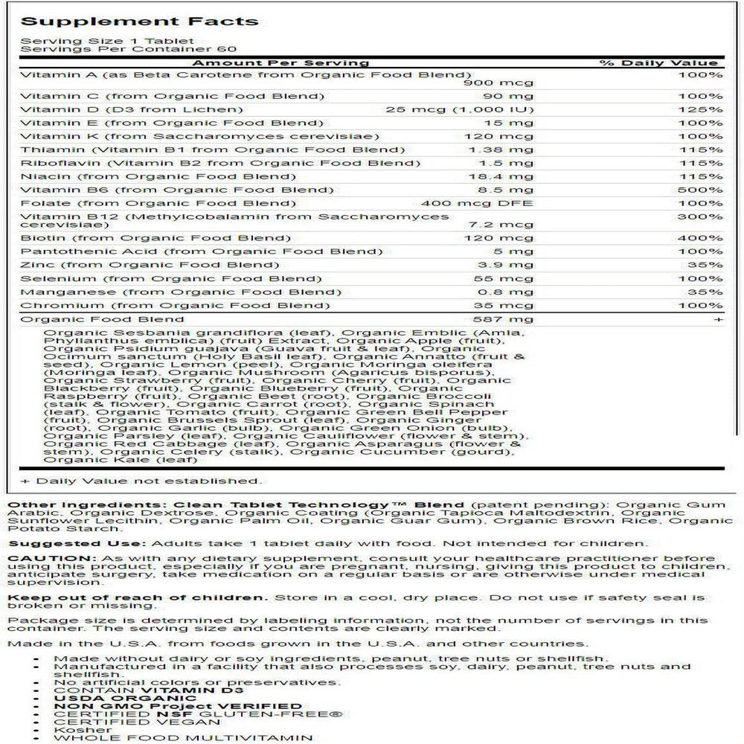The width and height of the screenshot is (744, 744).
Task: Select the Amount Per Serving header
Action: point(282,63)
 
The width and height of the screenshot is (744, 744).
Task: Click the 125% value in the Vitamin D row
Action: point(705,109)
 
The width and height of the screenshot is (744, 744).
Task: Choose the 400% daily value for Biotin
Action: point(705,238)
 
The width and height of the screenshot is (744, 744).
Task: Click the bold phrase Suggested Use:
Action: point(56,543)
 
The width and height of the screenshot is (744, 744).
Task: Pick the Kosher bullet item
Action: point(73,730)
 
